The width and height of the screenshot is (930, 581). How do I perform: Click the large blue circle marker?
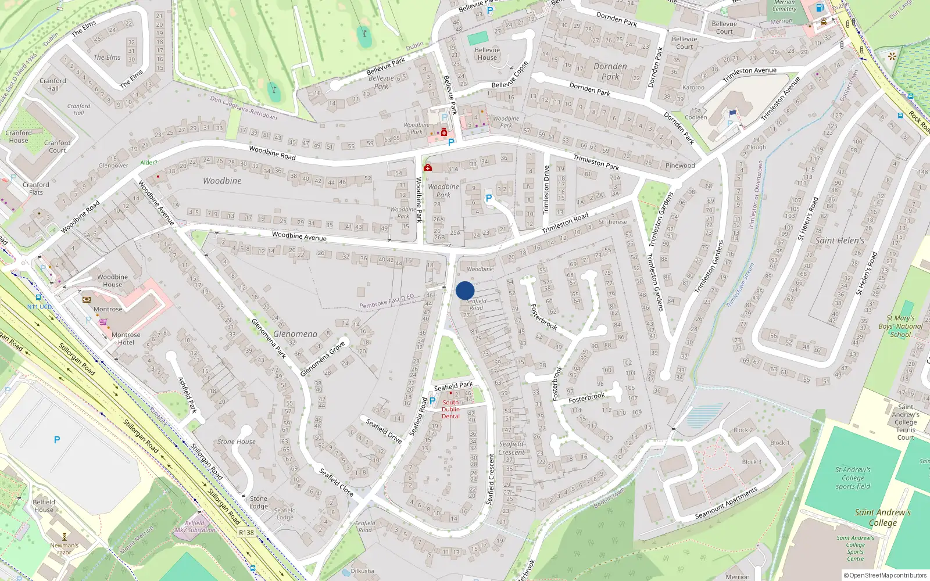coord(465,290)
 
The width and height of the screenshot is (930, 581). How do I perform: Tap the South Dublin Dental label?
coord(450,409)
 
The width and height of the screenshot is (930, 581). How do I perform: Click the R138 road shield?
coord(246,532)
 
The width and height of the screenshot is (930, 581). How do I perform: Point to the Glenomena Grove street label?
coord(323,359)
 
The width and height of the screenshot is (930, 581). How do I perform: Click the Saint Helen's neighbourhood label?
coord(839,241)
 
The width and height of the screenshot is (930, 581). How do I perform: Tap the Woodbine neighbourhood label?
coord(222,181)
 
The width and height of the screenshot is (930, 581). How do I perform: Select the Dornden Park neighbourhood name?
coord(610,71)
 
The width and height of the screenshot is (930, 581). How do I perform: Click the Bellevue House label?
coord(487,53)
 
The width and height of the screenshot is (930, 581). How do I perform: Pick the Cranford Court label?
coord(57,146)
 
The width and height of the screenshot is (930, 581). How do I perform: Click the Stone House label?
coord(237,442)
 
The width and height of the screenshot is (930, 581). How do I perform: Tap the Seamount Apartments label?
coord(727,503)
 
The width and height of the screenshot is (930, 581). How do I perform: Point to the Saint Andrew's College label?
coord(882,517)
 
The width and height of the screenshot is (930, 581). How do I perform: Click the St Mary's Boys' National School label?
coord(900,326)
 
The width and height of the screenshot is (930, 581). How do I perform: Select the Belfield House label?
coord(44,505)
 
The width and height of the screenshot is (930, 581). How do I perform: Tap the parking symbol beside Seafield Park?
coord(432,400)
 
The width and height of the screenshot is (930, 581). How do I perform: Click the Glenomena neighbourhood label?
coord(295,334)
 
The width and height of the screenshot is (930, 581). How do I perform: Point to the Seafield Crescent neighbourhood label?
coord(512,448)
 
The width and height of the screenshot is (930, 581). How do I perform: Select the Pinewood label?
coord(680,166)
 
